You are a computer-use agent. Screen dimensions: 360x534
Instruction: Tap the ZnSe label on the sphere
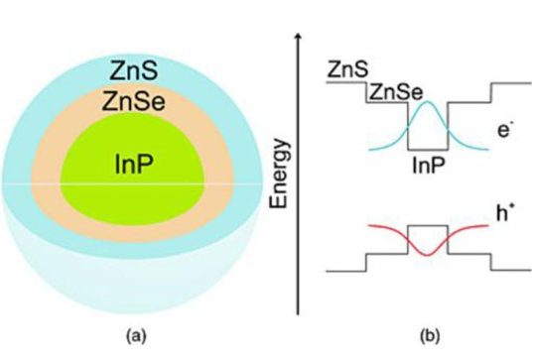coord(131,100)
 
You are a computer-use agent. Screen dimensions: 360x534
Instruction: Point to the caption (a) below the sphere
coord(133,336)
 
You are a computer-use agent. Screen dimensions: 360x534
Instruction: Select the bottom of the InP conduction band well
coord(428,147)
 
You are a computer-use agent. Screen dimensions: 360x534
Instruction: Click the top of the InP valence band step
coord(428,226)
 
